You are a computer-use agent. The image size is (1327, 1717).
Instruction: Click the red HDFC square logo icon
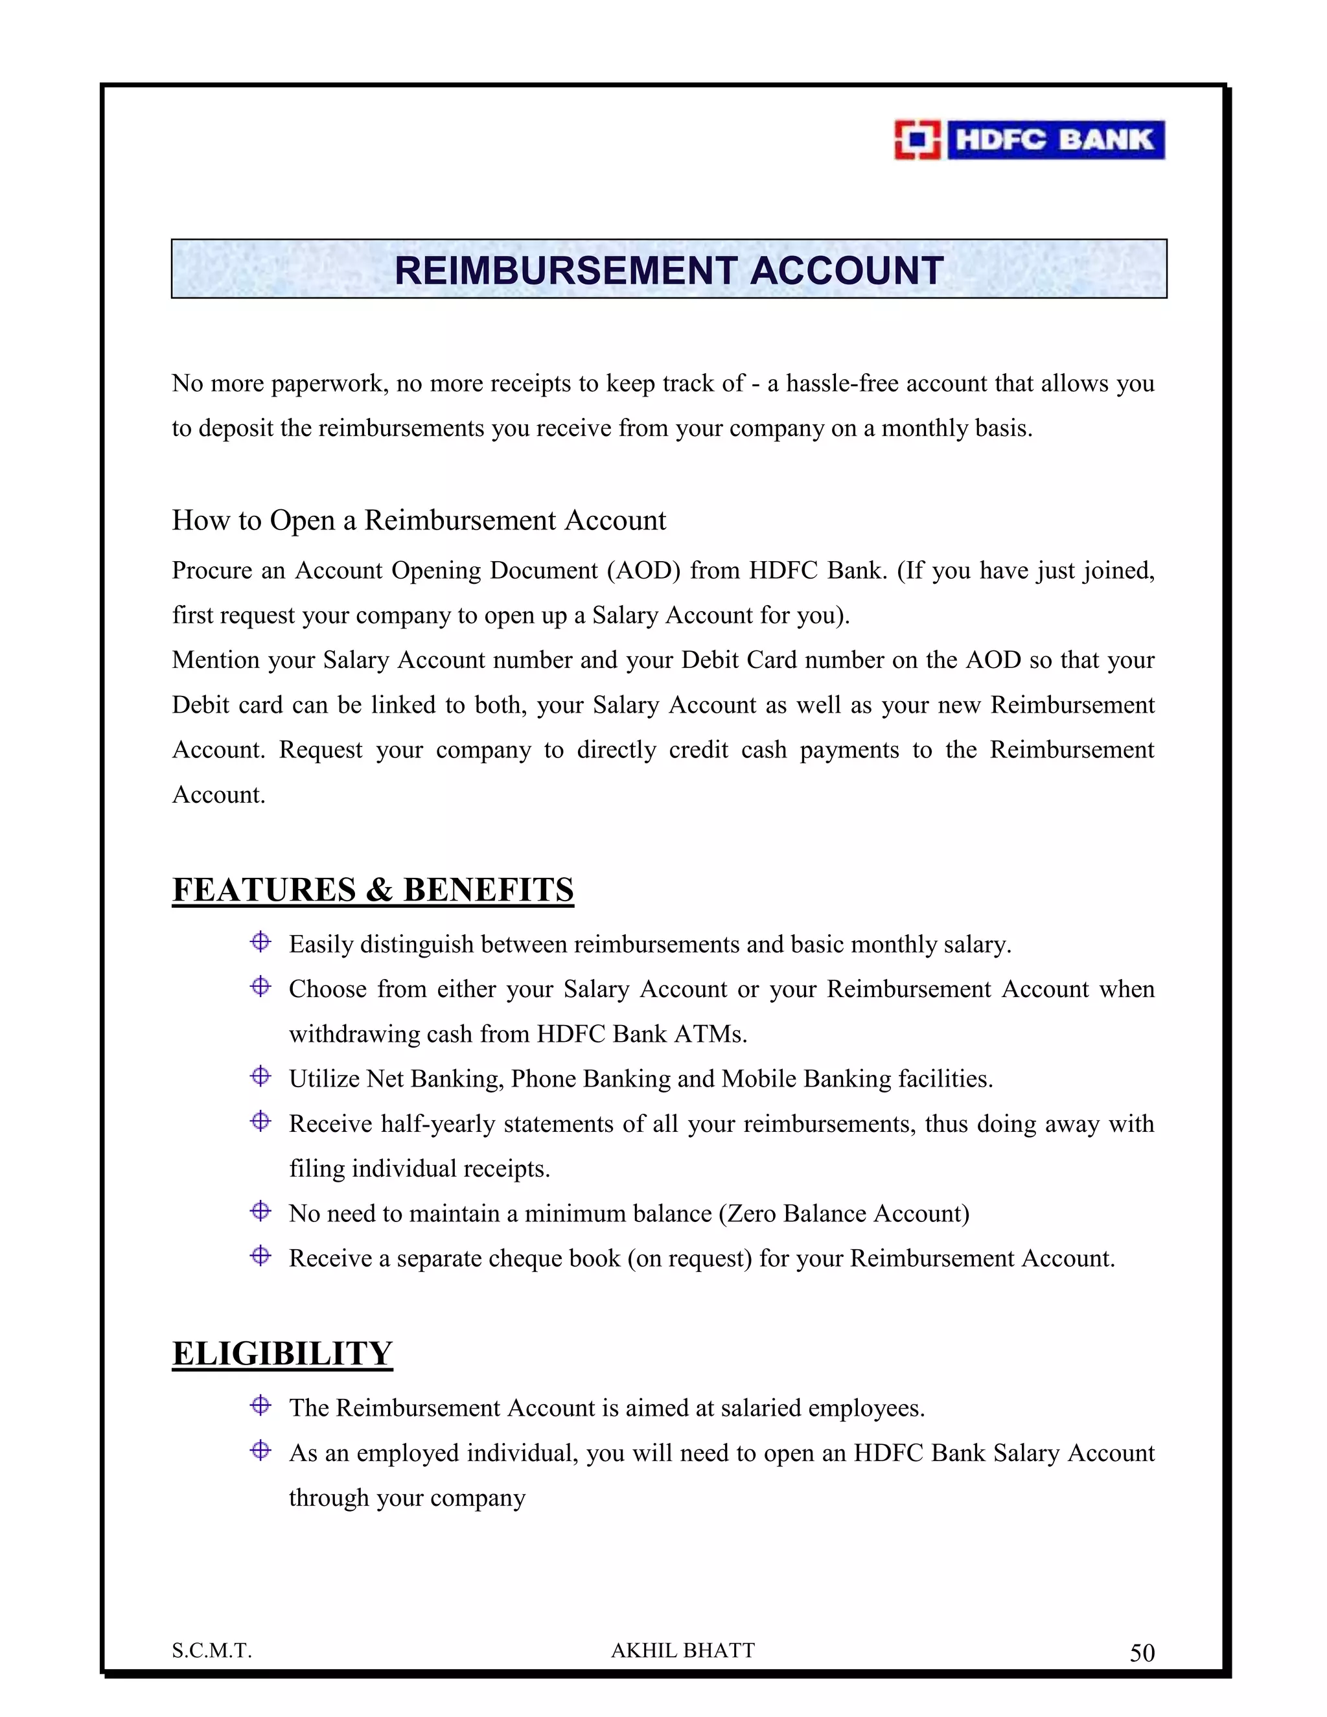(917, 140)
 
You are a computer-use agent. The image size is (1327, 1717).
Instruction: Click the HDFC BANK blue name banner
(1055, 140)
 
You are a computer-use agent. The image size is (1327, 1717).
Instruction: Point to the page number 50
(1142, 1654)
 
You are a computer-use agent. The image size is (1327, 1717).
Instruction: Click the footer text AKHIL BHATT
(682, 1650)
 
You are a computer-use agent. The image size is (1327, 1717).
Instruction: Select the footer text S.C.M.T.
(211, 1651)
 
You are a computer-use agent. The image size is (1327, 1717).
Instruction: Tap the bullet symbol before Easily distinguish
(260, 942)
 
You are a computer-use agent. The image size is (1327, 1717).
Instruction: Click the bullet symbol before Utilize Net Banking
(260, 1076)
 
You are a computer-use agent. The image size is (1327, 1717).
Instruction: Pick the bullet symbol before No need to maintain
(260, 1211)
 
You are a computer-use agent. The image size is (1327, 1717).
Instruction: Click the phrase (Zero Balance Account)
(844, 1214)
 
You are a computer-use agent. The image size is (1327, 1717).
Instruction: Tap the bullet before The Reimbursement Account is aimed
(260, 1405)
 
